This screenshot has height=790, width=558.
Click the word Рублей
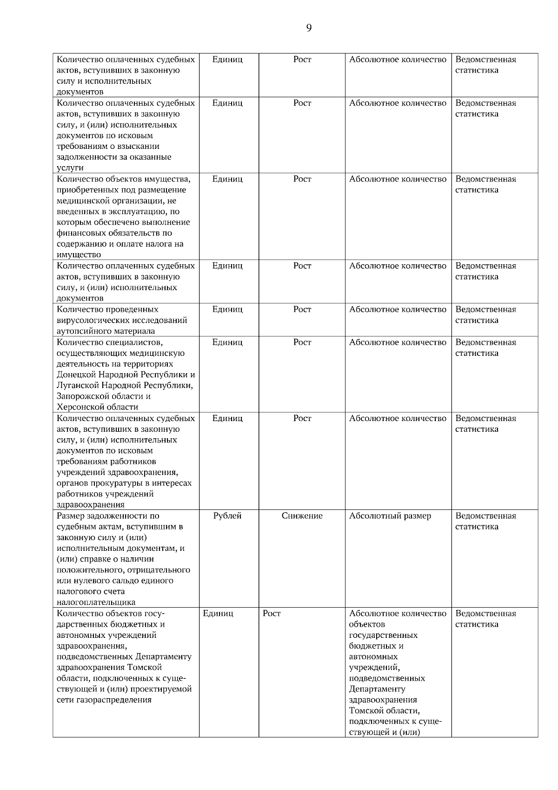[x=227, y=516]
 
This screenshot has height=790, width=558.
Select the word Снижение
[x=302, y=516]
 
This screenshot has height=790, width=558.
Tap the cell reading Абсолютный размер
[x=390, y=516]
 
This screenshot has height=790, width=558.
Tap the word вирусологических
[x=88, y=320]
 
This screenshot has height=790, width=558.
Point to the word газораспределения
[x=104, y=700]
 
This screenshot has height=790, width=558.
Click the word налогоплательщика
[x=96, y=603]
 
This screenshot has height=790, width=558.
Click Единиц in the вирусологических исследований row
[x=227, y=309]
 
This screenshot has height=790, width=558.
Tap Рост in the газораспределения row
[x=272, y=614]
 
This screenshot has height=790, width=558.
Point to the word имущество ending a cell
[x=79, y=255]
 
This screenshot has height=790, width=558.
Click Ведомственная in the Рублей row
[x=485, y=516]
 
